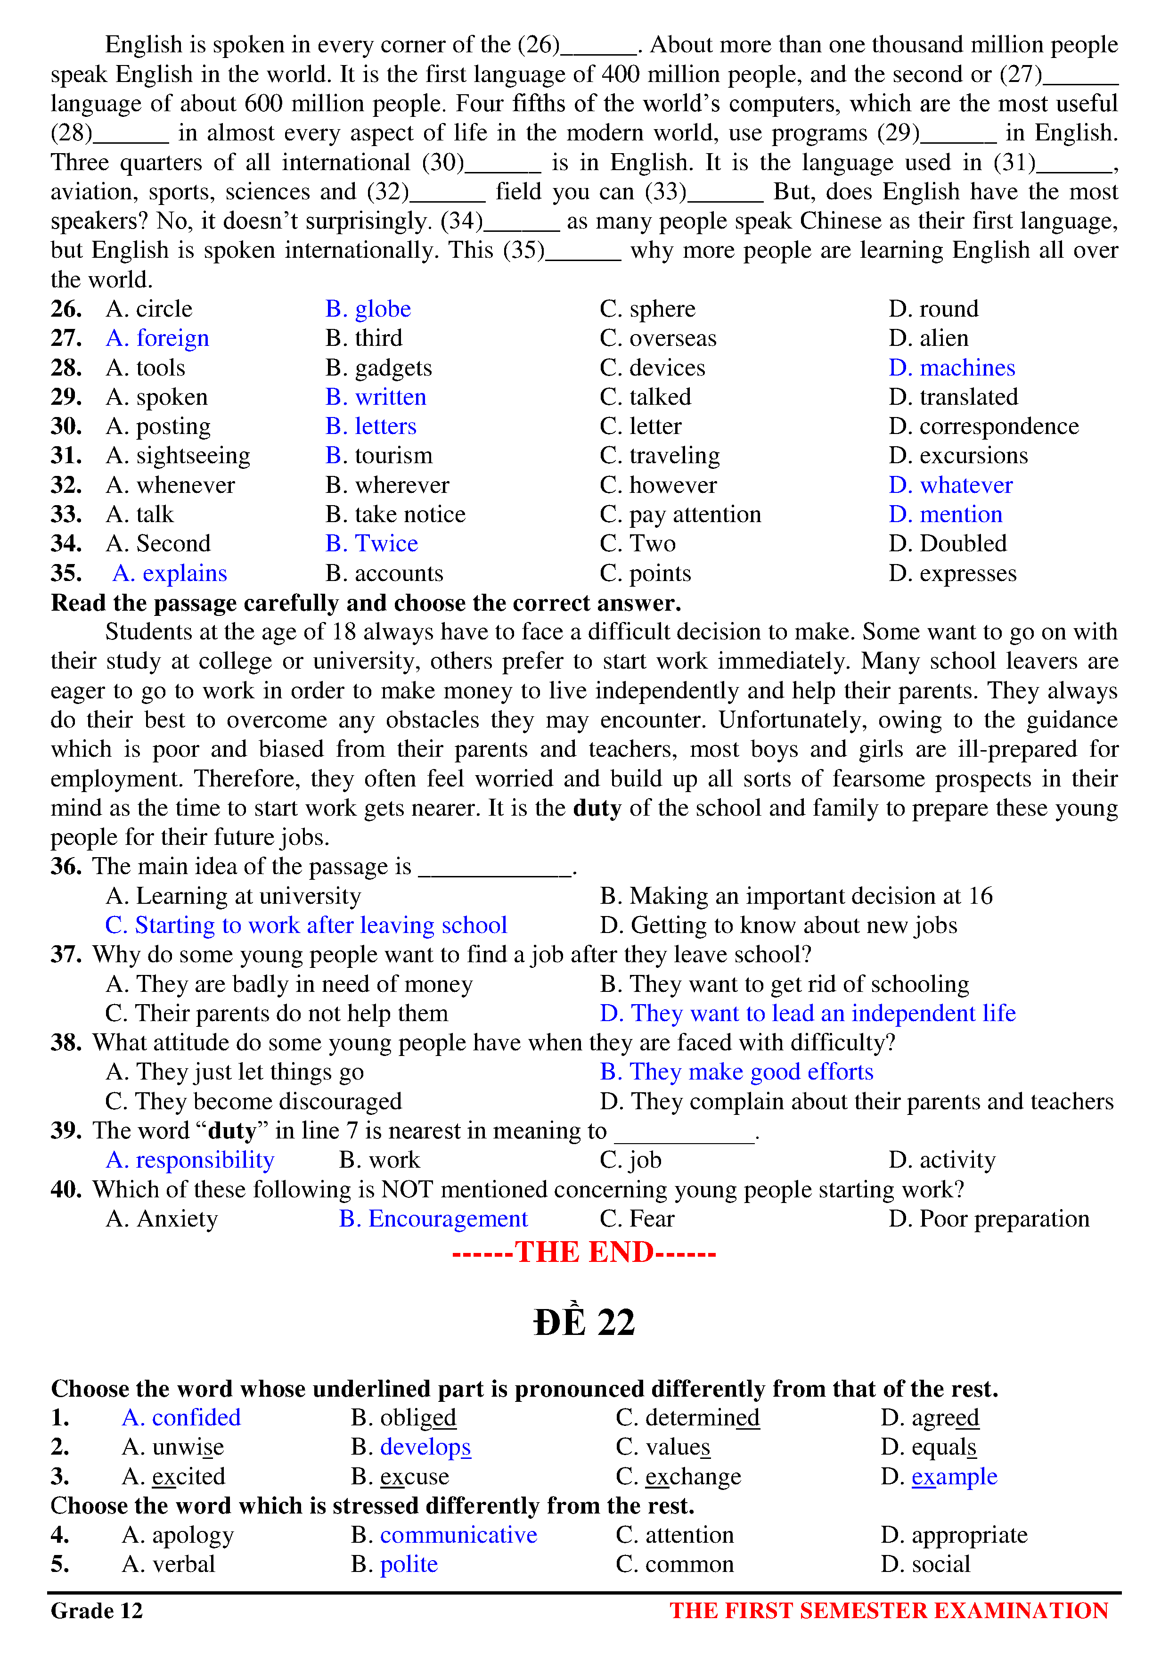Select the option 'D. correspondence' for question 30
[983, 426]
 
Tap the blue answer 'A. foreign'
[158, 338]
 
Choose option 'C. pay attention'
[680, 514]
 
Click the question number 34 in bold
[65, 544]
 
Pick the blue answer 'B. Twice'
[371, 544]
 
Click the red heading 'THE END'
[584, 1253]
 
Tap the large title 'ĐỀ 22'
[584, 1322]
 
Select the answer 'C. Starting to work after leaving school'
[306, 925]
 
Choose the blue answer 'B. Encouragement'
[433, 1219]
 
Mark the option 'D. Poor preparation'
[989, 1219]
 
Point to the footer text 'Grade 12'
[97, 1611]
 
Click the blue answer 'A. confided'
[181, 1417]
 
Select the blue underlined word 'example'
[955, 1477]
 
